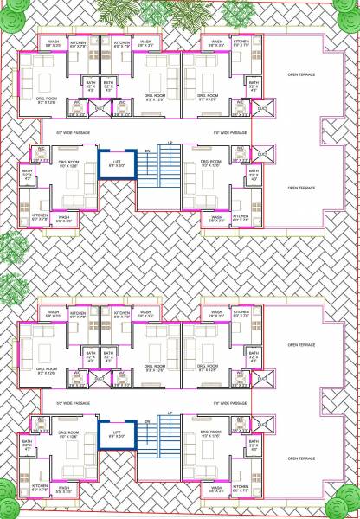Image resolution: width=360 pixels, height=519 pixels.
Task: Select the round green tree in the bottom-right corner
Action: pyautogui.click(x=349, y=509)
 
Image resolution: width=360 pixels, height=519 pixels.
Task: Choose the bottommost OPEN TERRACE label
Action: pyautogui.click(x=304, y=458)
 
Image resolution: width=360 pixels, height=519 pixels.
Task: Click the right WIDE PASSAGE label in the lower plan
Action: pyautogui.click(x=231, y=402)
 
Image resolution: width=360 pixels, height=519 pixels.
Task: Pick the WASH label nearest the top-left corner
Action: pyautogui.click(x=53, y=41)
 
